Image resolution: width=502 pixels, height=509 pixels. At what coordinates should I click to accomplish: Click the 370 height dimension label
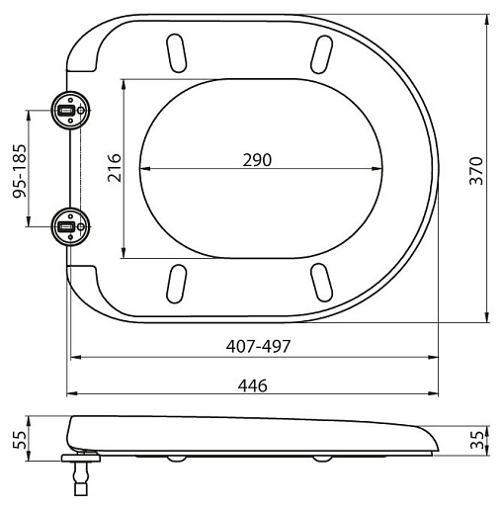[476, 171]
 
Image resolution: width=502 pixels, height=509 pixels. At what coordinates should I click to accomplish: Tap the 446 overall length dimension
[253, 385]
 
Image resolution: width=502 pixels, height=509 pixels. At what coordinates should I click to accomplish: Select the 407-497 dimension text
[258, 346]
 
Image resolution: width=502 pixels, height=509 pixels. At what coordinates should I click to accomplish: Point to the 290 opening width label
[257, 160]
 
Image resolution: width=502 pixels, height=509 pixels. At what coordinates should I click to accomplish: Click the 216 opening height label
[115, 168]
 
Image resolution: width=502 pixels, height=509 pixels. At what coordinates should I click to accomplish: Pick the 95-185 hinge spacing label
[19, 171]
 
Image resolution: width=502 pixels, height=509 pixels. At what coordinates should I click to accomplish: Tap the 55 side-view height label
[19, 440]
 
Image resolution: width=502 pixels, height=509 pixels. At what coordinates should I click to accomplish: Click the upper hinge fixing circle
[70, 111]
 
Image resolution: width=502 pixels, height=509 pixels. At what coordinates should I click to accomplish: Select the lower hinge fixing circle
[70, 226]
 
